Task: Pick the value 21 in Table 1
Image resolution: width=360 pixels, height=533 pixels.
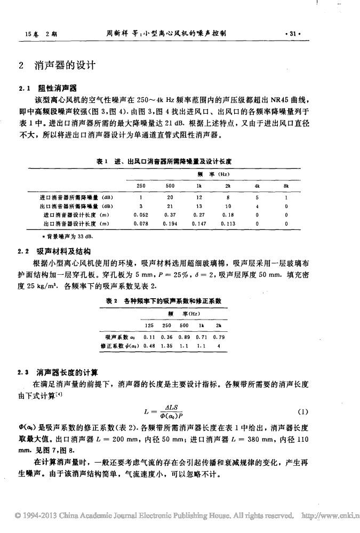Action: point(170,205)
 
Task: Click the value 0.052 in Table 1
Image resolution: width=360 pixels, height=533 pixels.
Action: point(141,214)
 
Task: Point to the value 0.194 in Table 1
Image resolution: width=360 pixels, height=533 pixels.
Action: point(170,224)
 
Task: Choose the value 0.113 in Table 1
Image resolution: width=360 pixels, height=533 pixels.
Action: point(228,224)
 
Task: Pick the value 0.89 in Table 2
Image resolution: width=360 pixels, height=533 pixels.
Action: point(185,337)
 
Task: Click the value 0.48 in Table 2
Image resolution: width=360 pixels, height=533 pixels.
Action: point(150,346)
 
